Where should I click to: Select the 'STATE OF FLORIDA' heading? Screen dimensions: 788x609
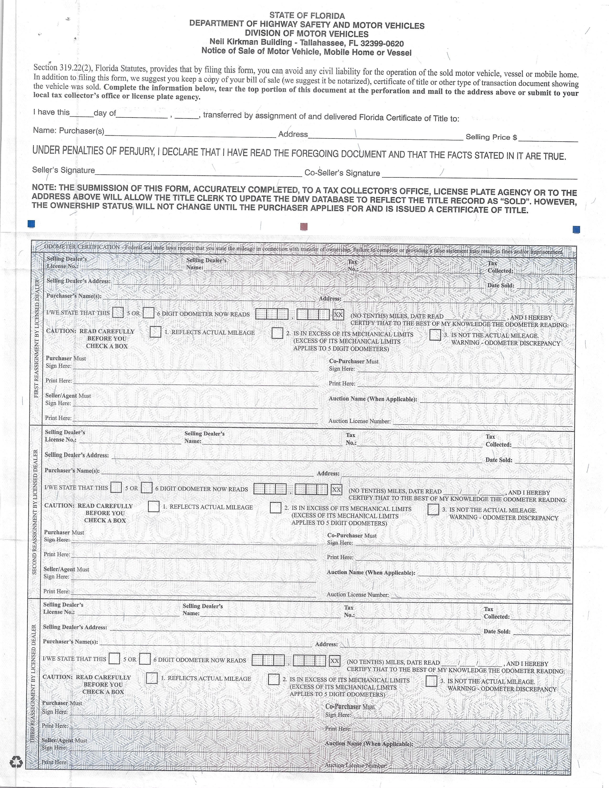click(x=307, y=16)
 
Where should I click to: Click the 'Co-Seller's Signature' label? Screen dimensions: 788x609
click(x=342, y=173)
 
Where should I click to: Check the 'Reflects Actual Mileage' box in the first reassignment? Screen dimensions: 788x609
click(x=155, y=332)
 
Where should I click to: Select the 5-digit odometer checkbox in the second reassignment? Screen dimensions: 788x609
click(x=116, y=487)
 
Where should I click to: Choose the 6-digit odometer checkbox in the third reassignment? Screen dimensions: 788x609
click(x=145, y=659)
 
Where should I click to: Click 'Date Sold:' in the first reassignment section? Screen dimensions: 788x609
click(x=500, y=285)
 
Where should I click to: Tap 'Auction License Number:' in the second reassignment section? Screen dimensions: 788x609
click(x=358, y=595)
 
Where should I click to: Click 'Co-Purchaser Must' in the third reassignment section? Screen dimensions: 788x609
click(x=350, y=707)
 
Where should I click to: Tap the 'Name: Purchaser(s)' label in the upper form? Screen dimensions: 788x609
click(x=69, y=131)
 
